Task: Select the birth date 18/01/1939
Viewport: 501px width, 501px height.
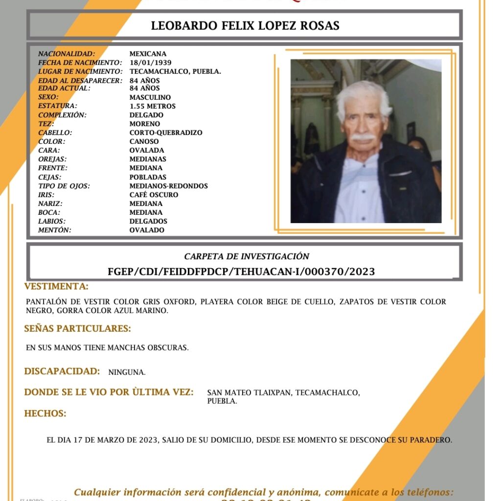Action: (147, 63)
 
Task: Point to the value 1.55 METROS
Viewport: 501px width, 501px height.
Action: (152, 106)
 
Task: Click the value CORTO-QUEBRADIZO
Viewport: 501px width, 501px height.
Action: (166, 133)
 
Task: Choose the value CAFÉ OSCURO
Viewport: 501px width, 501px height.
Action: (154, 195)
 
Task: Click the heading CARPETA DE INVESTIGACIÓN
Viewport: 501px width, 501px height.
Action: (247, 256)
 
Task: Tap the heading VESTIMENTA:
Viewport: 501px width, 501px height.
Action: (56, 286)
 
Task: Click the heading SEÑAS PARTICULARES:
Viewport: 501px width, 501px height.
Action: (77, 328)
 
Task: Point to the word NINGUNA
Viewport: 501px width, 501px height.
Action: (127, 372)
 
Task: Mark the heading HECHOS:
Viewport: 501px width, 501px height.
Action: (45, 413)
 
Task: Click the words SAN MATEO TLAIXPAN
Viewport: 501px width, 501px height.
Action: (249, 393)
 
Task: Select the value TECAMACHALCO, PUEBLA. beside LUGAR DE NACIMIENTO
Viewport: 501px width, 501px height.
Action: (175, 71)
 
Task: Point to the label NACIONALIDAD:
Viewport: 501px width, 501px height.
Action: (67, 54)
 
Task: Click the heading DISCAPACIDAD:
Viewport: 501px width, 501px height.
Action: (62, 371)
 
